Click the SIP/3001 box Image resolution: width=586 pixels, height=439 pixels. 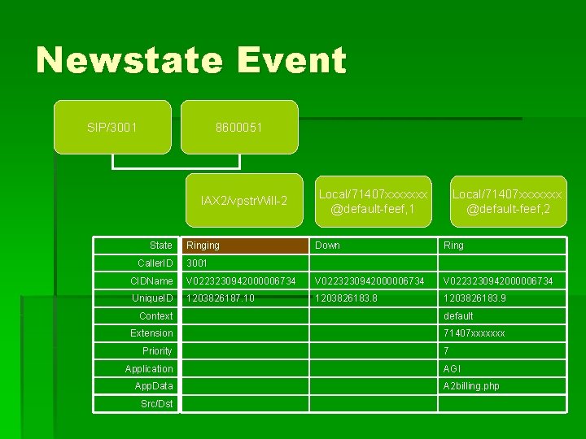[112, 128]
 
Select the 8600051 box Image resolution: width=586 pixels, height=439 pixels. [239, 128]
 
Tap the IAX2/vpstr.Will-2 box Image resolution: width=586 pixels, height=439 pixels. [244, 200]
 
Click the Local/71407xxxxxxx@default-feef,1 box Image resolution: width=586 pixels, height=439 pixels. [373, 201]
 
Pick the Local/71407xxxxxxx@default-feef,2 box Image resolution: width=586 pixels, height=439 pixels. [507, 201]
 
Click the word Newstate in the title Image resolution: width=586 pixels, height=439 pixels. [129, 61]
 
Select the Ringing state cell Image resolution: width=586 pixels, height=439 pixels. [245, 246]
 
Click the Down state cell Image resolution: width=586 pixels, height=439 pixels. [328, 246]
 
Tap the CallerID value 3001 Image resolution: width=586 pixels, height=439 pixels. [197, 263]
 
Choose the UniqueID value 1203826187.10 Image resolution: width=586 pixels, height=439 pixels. [220, 298]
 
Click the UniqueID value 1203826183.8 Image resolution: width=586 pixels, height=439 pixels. [347, 298]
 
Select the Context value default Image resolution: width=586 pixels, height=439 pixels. [458, 316]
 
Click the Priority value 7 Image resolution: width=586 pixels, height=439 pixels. [446, 351]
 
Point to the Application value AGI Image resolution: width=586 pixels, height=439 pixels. [452, 369]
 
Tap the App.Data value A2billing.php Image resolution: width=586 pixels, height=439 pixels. [471, 386]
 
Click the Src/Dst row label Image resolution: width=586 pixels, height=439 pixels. [156, 403]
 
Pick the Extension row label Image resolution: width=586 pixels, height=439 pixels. [151, 333]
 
